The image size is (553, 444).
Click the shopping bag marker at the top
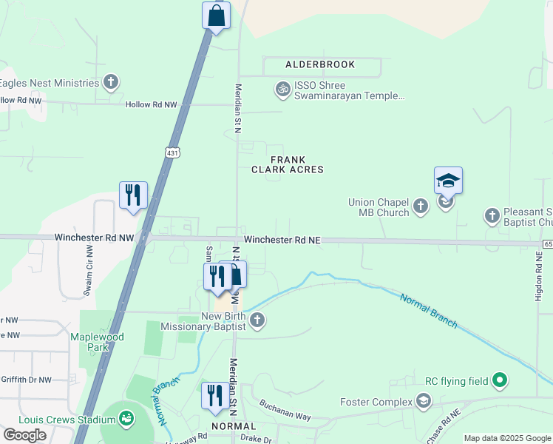216,16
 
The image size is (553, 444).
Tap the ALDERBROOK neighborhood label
320,65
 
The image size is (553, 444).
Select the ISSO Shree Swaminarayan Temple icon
282,90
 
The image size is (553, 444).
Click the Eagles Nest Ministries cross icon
111,82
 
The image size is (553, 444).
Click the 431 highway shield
172,152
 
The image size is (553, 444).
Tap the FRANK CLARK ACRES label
288,164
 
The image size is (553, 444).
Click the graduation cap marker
448,181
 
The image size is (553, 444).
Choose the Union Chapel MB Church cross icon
421,206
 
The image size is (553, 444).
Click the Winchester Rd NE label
282,240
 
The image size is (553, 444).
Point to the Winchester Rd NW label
94,238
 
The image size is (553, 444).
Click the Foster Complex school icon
424,402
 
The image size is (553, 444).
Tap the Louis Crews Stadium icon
127,420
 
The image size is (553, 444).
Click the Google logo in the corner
25,435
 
